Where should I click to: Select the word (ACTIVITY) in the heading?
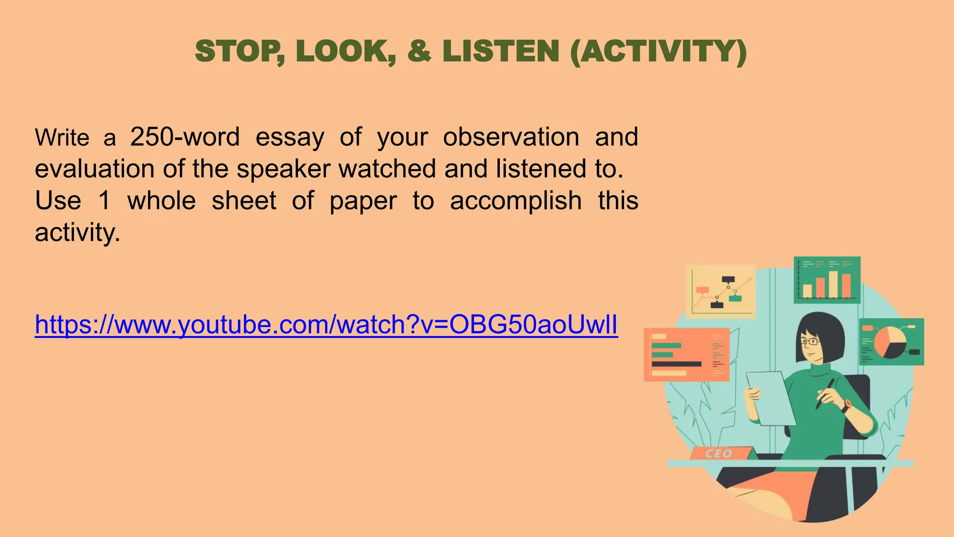click(658, 51)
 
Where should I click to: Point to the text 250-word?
click(185, 137)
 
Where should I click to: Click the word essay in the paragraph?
click(290, 137)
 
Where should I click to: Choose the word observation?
click(511, 137)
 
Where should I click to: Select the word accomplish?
click(516, 201)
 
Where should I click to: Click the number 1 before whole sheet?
click(104, 201)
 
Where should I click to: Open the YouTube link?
click(326, 324)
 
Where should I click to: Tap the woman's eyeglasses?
click(811, 341)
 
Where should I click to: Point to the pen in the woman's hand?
click(825, 394)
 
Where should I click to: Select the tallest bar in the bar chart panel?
click(833, 284)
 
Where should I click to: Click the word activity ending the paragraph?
click(77, 233)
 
